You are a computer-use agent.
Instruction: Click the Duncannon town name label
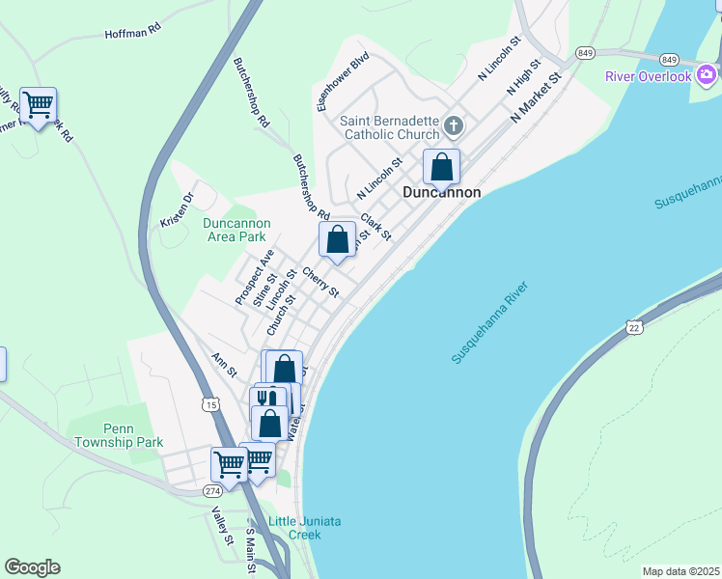pyautogui.click(x=441, y=192)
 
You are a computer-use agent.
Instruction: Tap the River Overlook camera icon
pyautogui.click(x=708, y=74)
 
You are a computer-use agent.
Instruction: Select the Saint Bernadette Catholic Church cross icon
pyautogui.click(x=456, y=125)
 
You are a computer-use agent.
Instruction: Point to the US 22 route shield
pyautogui.click(x=633, y=328)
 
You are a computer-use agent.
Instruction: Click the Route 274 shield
pyautogui.click(x=212, y=491)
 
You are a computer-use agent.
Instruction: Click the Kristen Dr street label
pyautogui.click(x=178, y=209)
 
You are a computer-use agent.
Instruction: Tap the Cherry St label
pyautogui.click(x=321, y=282)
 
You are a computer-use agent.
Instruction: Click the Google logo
pyautogui.click(x=32, y=567)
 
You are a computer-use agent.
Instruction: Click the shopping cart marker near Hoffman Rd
pyautogui.click(x=38, y=104)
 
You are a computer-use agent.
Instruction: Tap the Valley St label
pyautogui.click(x=223, y=526)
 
